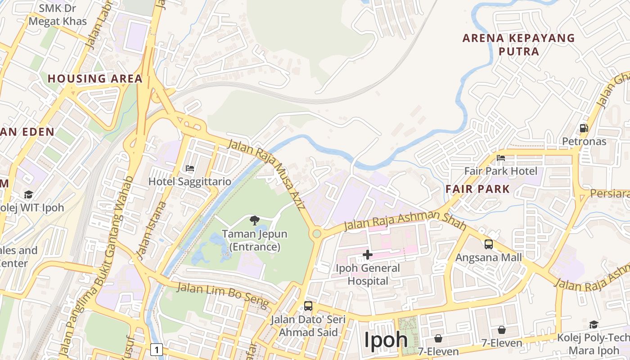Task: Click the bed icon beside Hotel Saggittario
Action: tap(190, 168)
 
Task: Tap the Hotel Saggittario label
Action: tap(190, 182)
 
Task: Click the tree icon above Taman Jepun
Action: tap(255, 220)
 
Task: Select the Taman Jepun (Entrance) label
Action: tap(255, 241)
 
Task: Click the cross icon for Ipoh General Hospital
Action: tap(368, 255)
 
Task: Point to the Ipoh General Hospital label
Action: tap(368, 274)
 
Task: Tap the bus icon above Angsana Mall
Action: tap(489, 244)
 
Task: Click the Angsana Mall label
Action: tap(489, 257)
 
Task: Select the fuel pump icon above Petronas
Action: tap(584, 128)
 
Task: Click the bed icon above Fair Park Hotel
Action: tap(501, 158)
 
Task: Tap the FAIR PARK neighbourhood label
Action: tap(478, 189)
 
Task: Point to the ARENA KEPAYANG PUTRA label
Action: tap(519, 45)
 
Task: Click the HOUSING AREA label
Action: tap(95, 79)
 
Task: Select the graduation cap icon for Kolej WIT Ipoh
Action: tap(29, 194)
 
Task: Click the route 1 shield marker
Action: tap(157, 349)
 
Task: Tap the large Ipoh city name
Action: tap(386, 340)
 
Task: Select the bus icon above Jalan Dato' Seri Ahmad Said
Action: tap(308, 306)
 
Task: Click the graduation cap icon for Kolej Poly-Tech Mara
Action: tap(594, 325)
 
